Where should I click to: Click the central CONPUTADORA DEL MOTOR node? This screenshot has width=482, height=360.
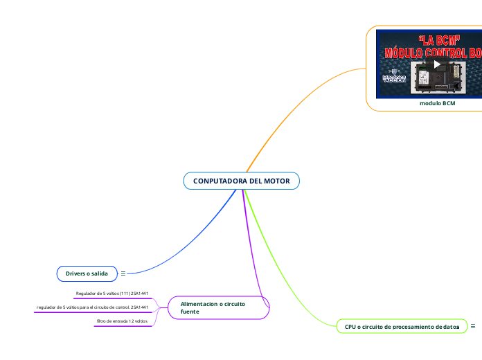(241, 181)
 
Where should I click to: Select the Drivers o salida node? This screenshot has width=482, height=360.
(87, 274)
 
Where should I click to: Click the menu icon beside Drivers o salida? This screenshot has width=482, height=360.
(123, 274)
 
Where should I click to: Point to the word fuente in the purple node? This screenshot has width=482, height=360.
(190, 312)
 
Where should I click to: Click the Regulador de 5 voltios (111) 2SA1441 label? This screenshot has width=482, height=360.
(112, 294)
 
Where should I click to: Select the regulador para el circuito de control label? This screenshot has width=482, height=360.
(92, 307)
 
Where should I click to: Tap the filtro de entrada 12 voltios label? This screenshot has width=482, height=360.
(122, 321)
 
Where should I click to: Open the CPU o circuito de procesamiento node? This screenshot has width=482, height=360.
(402, 326)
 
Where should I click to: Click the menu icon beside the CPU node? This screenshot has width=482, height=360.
(473, 326)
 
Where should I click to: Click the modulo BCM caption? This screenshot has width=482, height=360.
(438, 103)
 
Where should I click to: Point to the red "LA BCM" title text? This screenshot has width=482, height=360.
(440, 40)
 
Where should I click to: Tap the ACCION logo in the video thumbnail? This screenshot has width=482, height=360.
(394, 78)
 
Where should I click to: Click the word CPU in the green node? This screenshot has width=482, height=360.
(350, 326)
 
